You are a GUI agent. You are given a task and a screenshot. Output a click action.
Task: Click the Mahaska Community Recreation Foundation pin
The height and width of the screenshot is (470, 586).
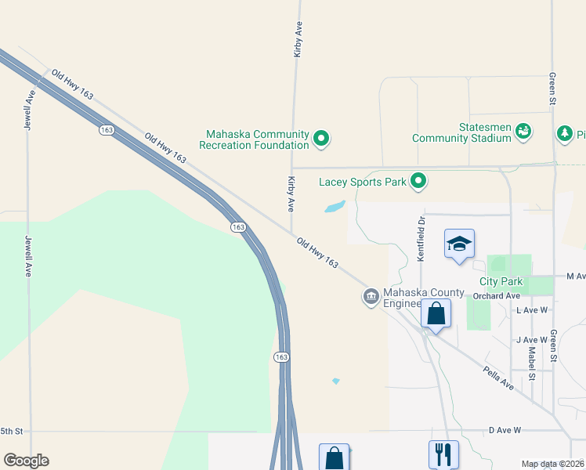click(320, 139)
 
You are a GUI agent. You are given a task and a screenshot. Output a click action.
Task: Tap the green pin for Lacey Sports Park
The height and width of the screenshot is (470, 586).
click(419, 182)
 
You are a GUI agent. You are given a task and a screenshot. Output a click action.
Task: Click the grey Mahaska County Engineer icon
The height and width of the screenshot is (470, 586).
click(370, 297)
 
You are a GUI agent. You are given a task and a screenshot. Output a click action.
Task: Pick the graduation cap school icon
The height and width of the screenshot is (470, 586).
click(460, 244)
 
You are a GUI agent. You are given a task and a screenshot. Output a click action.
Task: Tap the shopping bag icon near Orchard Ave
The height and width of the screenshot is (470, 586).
click(436, 314)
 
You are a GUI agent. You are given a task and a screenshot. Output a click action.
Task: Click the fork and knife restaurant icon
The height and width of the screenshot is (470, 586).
click(443, 454)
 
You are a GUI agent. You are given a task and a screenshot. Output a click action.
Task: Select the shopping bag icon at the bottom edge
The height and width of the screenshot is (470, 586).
click(334, 457)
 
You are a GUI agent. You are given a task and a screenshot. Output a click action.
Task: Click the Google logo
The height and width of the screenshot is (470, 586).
click(26, 461)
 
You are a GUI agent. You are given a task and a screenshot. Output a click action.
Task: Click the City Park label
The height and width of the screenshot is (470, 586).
click(501, 281)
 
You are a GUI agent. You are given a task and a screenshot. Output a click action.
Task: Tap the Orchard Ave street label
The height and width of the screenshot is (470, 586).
click(497, 296)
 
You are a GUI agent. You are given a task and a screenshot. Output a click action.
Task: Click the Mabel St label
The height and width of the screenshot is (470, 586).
click(531, 363)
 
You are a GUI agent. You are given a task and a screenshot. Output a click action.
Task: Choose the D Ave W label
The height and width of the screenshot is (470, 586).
click(505, 430)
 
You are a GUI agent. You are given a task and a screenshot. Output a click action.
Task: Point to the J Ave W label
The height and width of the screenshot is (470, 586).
click(530, 340)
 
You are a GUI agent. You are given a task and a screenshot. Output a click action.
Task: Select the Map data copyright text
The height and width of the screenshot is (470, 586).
click(553, 464)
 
